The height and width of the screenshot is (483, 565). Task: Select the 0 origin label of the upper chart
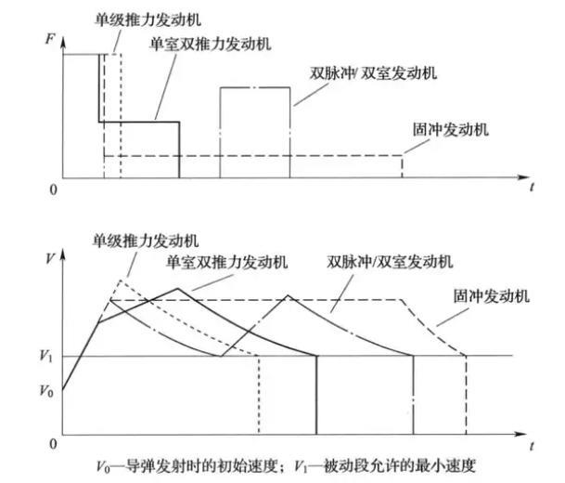[53, 189]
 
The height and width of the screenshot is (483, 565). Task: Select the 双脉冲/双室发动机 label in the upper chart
[373, 72]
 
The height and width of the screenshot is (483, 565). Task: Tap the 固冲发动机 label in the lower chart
[492, 296]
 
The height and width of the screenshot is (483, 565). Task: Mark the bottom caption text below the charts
[290, 463]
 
